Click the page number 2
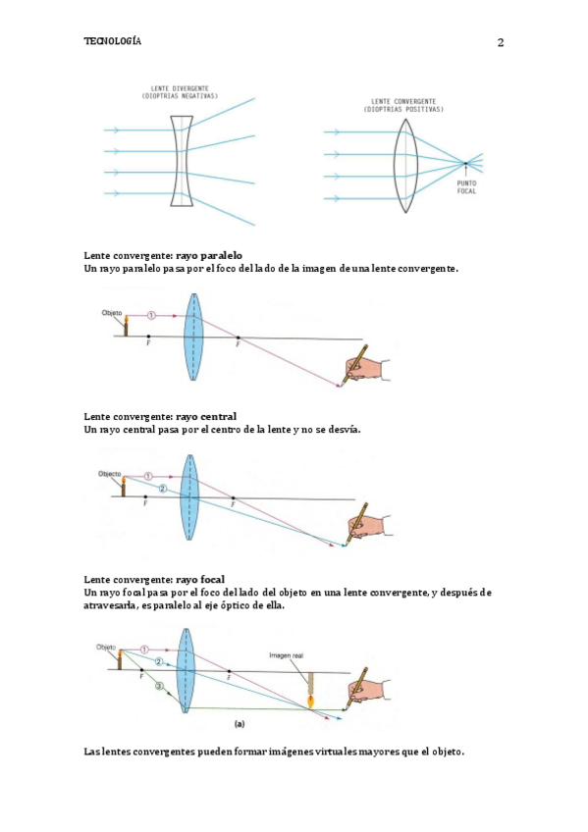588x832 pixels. (501, 42)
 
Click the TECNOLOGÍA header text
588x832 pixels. (113, 41)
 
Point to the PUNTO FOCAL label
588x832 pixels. (467, 186)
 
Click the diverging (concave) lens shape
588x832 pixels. (182, 161)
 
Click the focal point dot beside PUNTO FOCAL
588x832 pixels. (465, 163)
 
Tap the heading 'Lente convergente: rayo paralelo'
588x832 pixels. (163, 256)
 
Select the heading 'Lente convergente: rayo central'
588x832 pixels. (160, 417)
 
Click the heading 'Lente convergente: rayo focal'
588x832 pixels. (154, 580)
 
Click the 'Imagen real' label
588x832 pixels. (286, 655)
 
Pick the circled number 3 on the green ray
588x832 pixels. (159, 687)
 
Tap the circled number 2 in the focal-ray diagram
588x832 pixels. (158, 661)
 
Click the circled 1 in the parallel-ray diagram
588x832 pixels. (151, 315)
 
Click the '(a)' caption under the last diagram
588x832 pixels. (240, 724)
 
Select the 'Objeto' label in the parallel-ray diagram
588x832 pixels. (112, 313)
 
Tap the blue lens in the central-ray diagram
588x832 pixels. (189, 497)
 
